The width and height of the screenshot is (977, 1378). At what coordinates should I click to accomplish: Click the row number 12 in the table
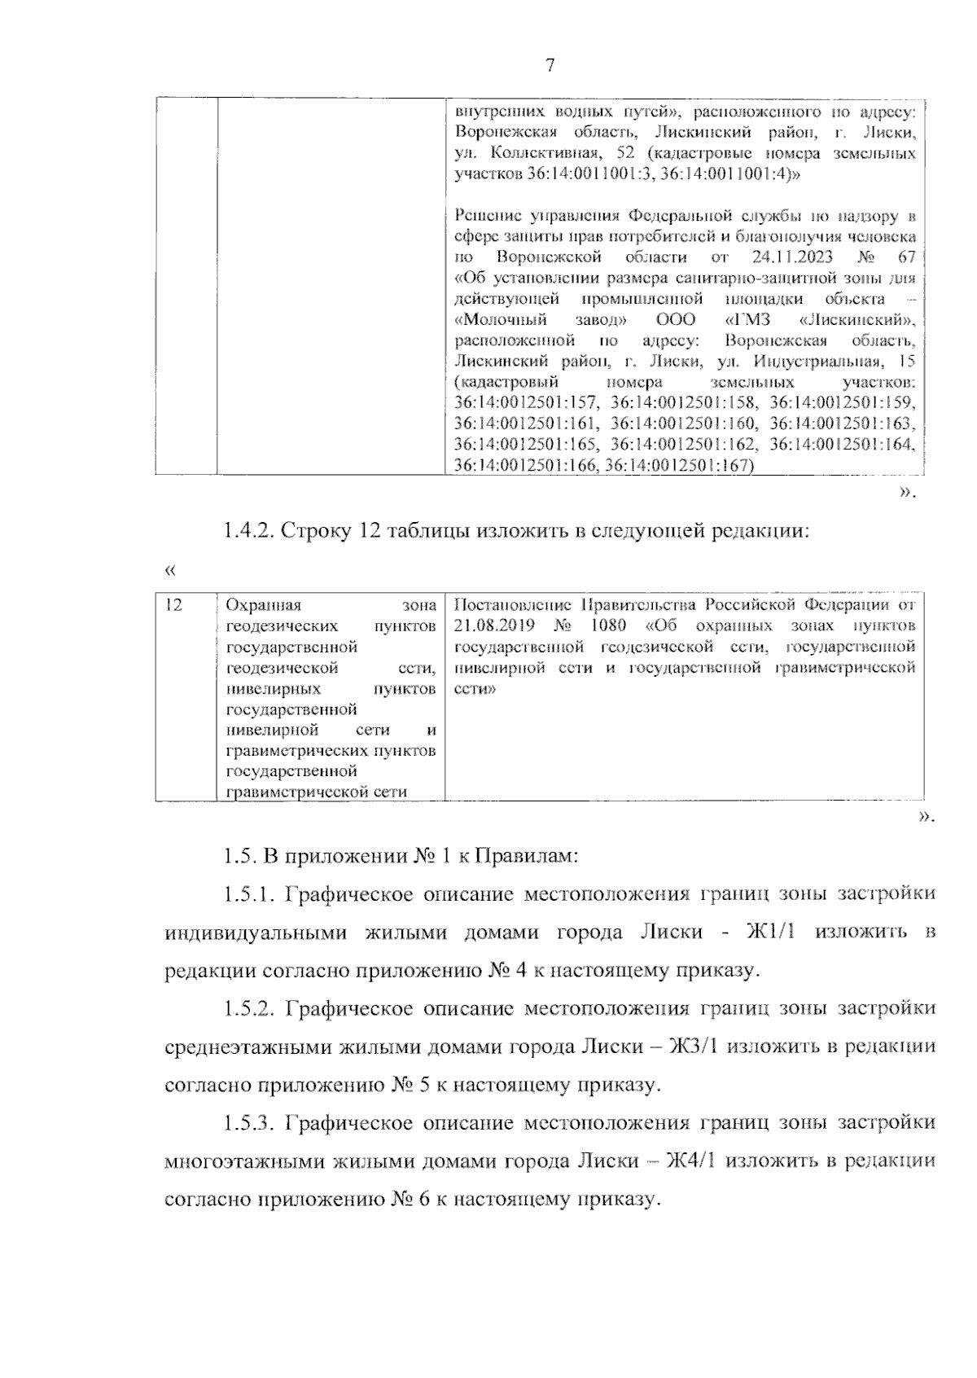pos(173,604)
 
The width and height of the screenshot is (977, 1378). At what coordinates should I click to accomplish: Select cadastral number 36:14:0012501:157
pos(527,402)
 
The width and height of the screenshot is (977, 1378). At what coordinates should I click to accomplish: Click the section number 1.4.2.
pos(249,531)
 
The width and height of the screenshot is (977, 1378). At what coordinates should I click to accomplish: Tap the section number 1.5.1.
pos(249,894)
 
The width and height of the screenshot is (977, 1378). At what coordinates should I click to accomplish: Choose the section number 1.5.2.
pos(249,1008)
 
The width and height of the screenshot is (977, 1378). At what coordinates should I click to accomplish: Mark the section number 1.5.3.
pos(249,1123)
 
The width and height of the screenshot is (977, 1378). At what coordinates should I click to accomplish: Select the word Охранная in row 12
pos(263,605)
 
